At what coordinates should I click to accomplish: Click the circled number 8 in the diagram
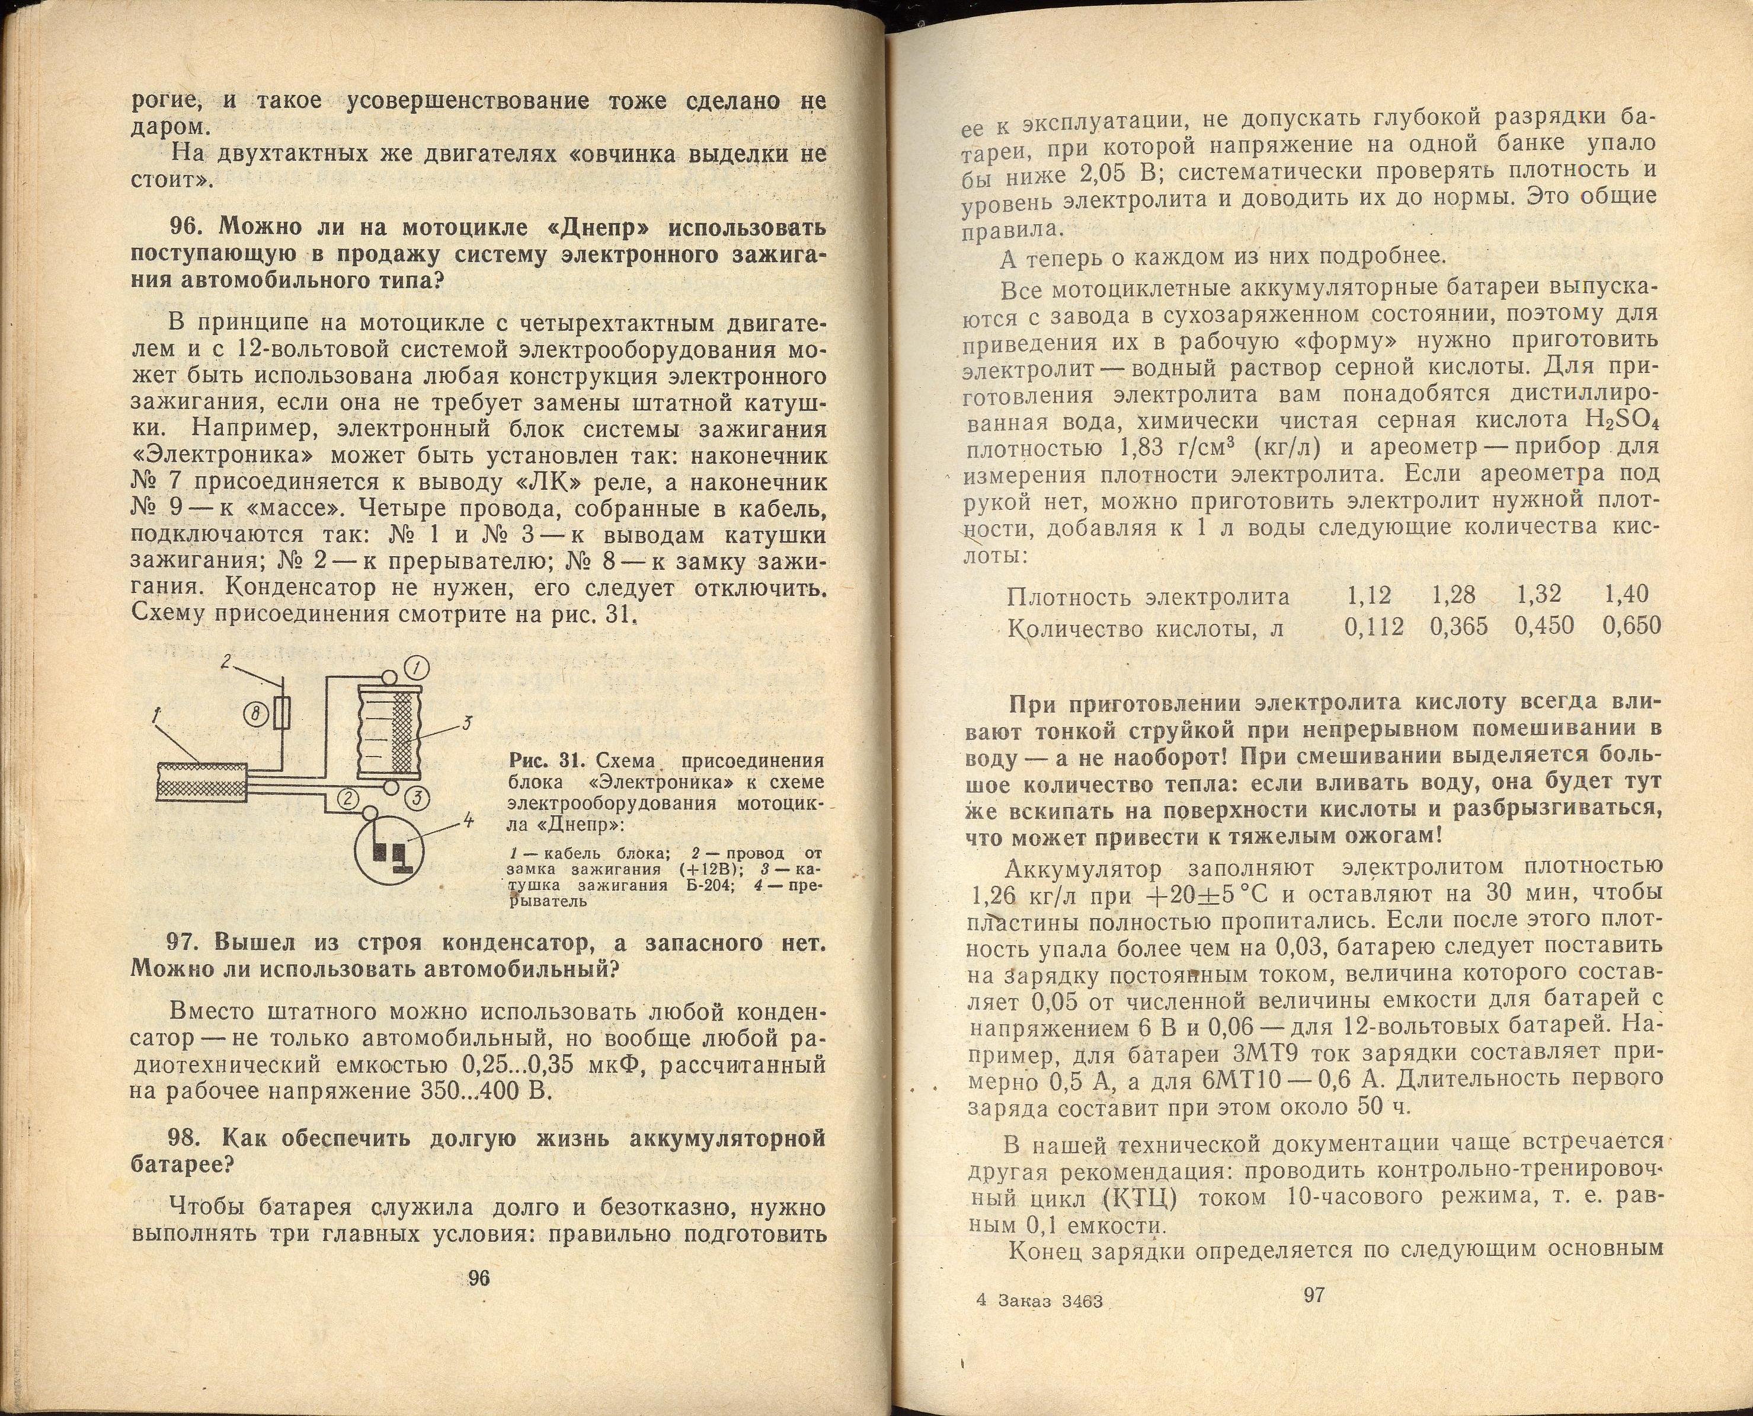pyautogui.click(x=255, y=715)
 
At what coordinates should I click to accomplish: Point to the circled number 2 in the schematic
pyautogui.click(x=348, y=799)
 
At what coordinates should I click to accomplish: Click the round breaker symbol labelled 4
pyautogui.click(x=391, y=849)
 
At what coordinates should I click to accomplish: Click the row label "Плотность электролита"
pyautogui.click(x=1148, y=597)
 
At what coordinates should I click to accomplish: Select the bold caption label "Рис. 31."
pyautogui.click(x=544, y=760)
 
